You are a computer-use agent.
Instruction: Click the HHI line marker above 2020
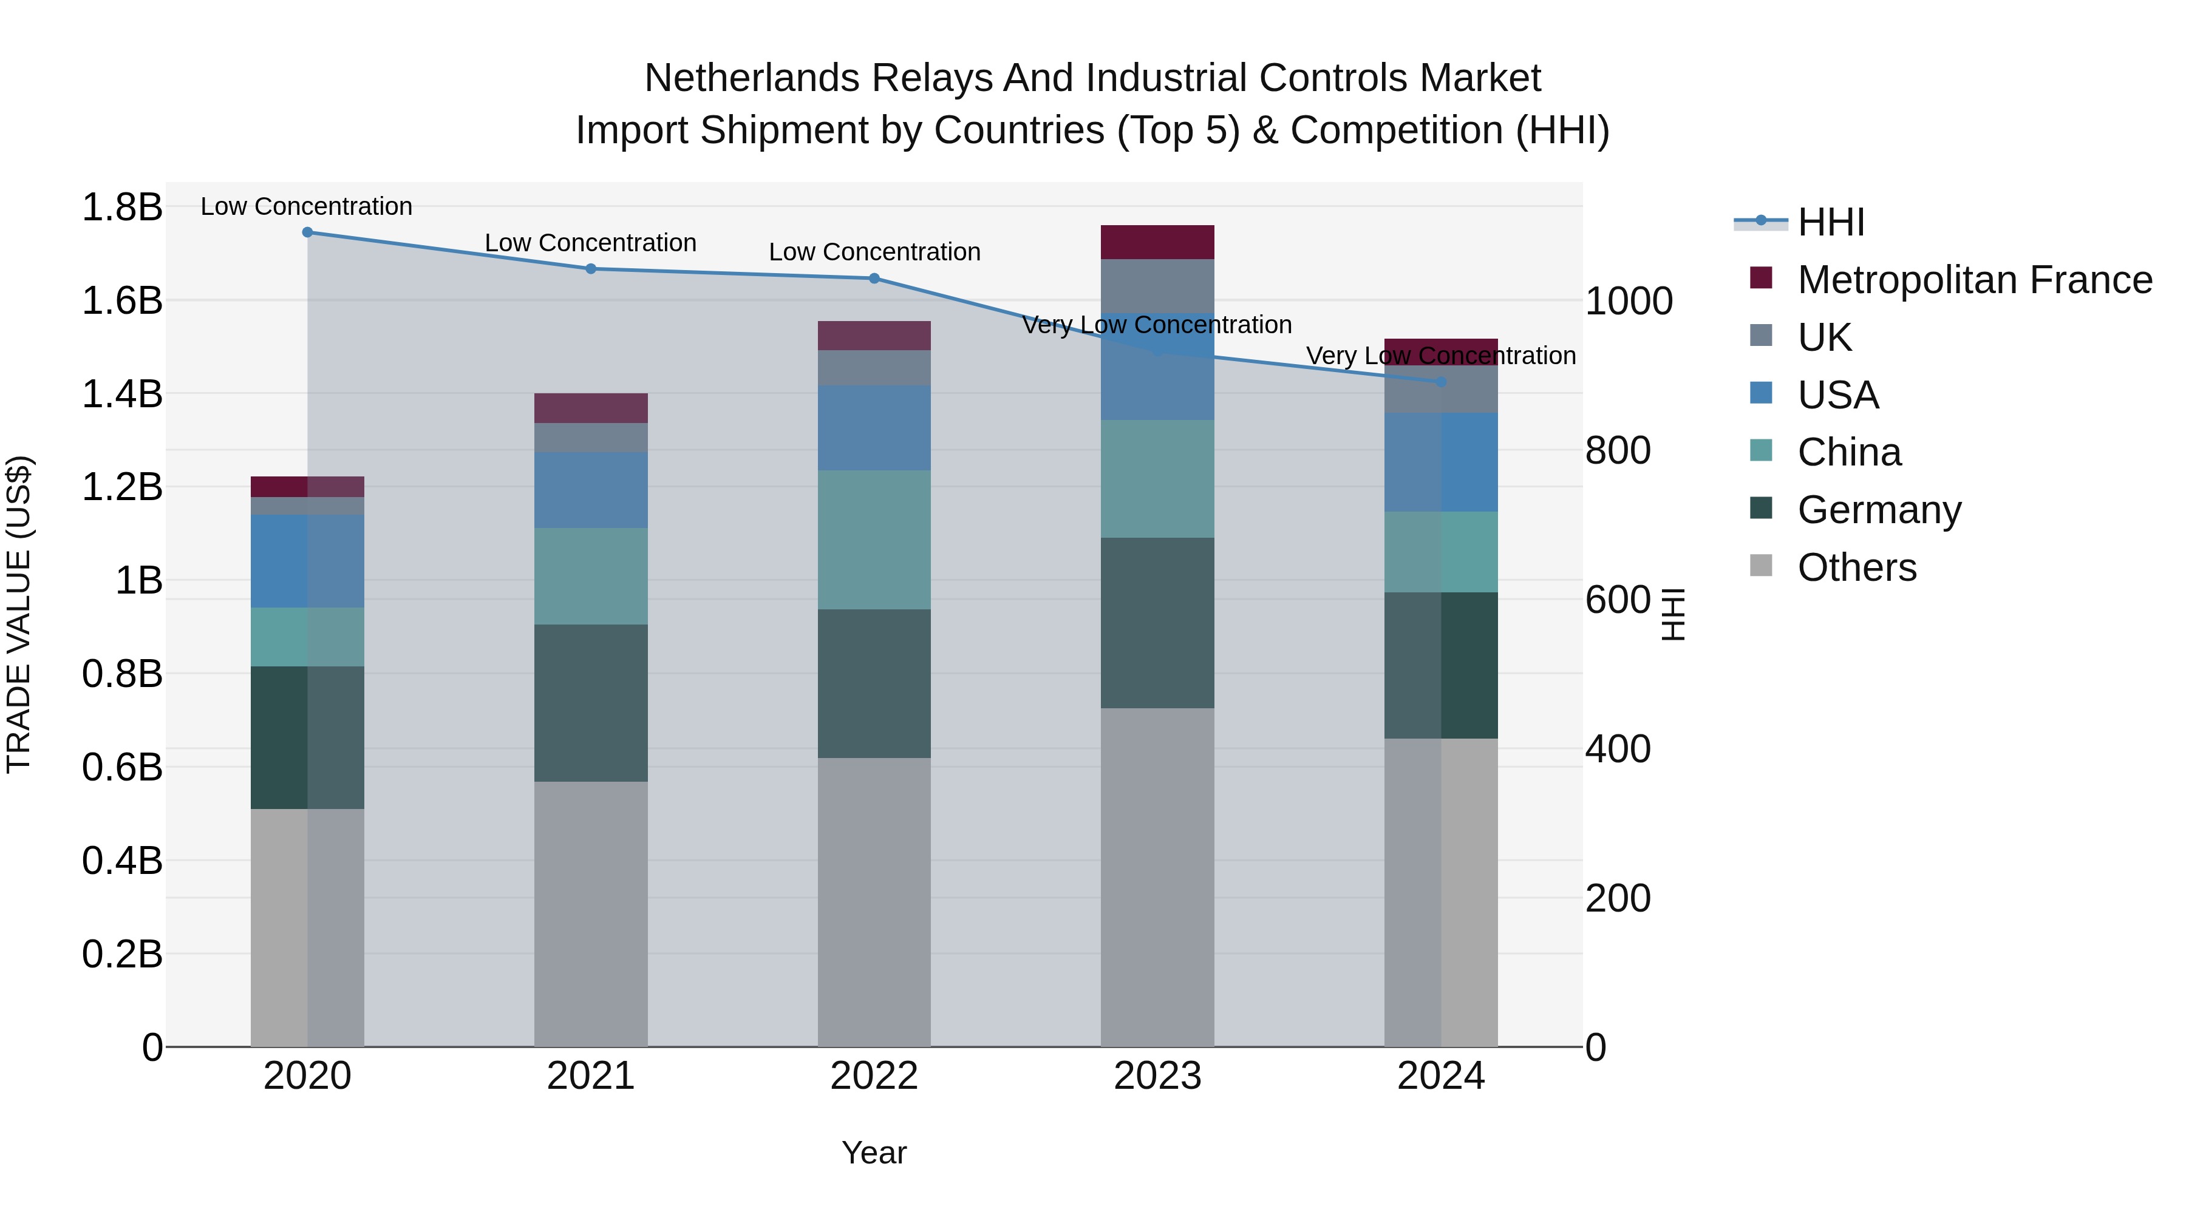point(307,232)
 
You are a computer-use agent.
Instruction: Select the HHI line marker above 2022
point(874,278)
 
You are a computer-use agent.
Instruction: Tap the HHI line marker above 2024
point(1441,382)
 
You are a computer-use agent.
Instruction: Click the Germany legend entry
point(1879,510)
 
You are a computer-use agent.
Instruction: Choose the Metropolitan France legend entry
point(1974,280)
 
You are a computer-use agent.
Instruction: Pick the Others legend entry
point(1857,567)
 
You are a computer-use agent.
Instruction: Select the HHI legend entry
point(1831,222)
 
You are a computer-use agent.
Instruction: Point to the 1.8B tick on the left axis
point(121,208)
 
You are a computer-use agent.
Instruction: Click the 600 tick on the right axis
point(1618,600)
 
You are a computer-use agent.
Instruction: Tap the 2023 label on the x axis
point(1157,1076)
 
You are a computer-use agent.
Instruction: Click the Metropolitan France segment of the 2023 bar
point(1157,243)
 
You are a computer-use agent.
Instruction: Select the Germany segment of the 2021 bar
point(591,703)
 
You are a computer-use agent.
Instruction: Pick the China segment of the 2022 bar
point(874,540)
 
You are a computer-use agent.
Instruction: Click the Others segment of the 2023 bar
point(1157,877)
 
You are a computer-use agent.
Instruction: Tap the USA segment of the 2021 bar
point(591,490)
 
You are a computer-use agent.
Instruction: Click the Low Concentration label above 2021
point(591,243)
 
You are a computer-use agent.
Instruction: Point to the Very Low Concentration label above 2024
point(1440,356)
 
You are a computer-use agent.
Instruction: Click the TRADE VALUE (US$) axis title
point(19,614)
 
